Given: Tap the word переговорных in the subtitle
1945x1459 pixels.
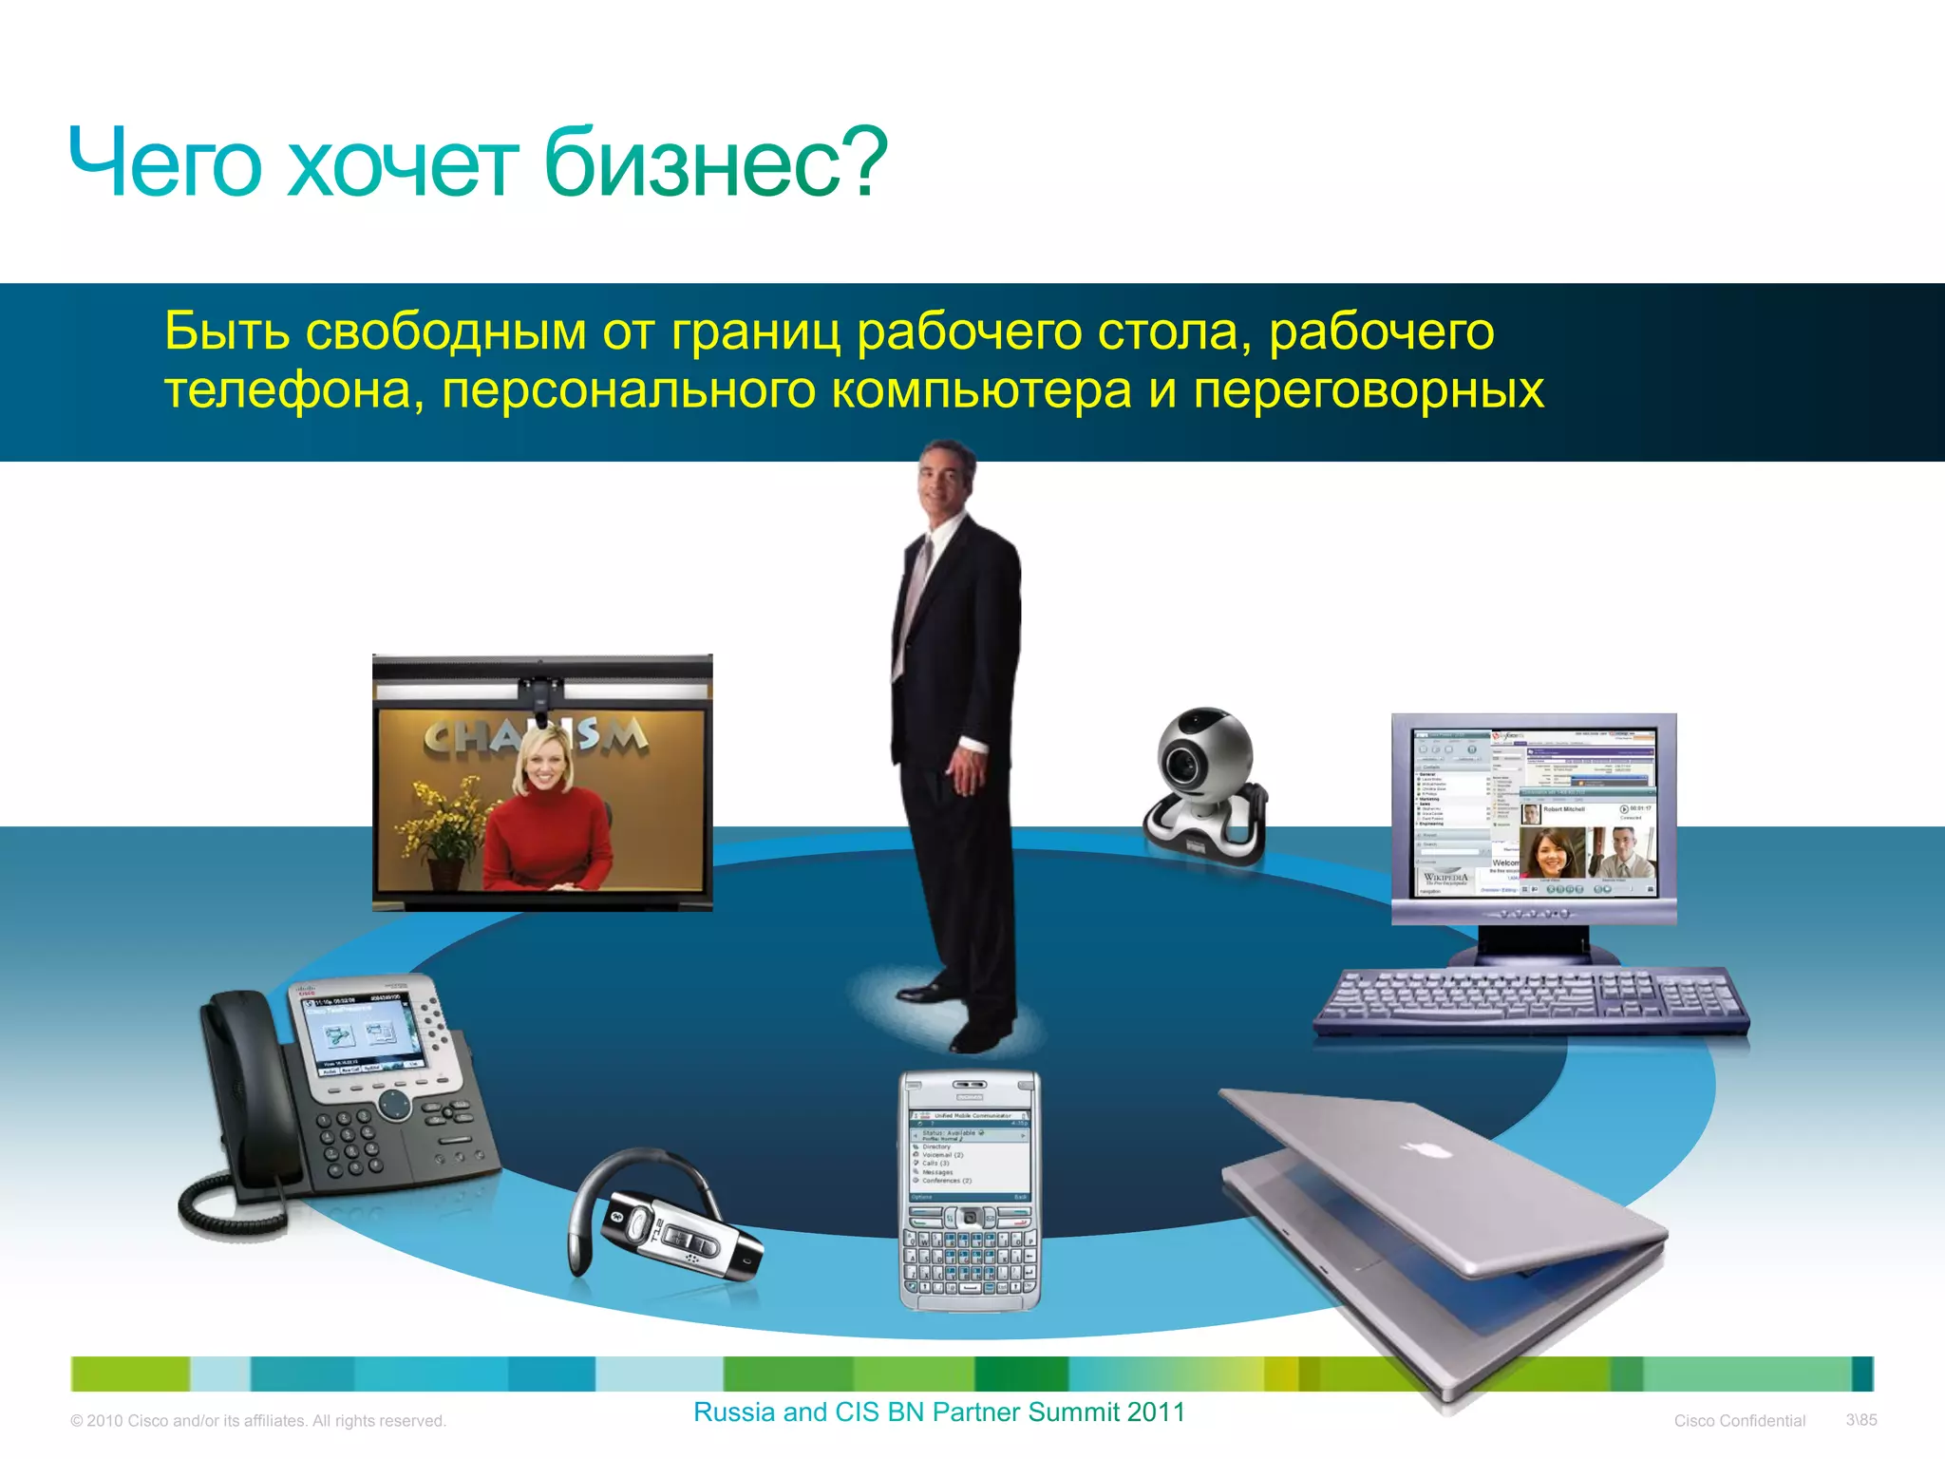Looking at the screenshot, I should [1369, 390].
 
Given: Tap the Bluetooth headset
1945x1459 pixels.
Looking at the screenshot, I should [665, 1225].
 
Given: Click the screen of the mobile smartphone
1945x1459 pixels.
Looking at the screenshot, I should [970, 1153].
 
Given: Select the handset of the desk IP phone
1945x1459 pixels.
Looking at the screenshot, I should [242, 1083].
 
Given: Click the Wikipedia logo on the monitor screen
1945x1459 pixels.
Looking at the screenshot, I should [1445, 878].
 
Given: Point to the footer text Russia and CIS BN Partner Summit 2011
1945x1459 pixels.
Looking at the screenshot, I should [938, 1412].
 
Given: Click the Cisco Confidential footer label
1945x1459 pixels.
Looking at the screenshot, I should [1739, 1421].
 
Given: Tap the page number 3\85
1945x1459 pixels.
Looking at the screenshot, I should [1860, 1420].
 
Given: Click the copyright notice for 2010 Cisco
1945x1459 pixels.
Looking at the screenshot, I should [258, 1421].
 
